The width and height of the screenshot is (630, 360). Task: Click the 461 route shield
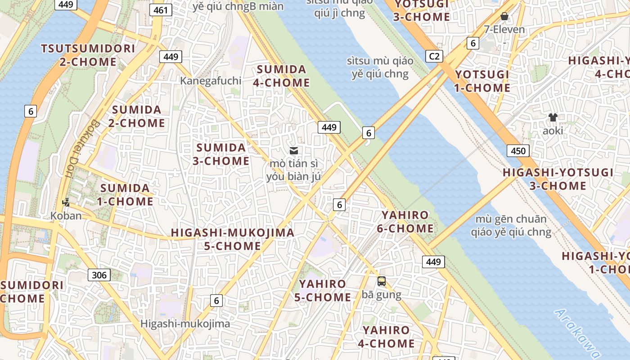(161, 10)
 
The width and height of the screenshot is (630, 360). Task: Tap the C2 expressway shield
(434, 56)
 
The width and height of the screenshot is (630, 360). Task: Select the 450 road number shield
(518, 151)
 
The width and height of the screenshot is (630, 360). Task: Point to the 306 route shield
(99, 275)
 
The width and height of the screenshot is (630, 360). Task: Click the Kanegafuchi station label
(211, 81)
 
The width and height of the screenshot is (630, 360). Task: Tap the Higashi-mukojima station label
(185, 324)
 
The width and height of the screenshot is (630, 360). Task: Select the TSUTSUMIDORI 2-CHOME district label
(88, 55)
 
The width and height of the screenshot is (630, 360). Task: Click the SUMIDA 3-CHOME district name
(221, 154)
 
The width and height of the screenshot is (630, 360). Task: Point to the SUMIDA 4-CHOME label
(282, 76)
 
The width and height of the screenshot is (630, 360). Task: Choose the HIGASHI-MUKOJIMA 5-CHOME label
(232, 239)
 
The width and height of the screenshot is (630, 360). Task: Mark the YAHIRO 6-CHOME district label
(405, 222)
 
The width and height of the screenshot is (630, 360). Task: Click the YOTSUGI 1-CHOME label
(482, 81)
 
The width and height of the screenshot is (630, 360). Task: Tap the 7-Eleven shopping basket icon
(504, 17)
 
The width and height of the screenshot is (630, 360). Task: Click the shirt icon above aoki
(553, 117)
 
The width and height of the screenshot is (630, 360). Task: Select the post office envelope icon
(294, 151)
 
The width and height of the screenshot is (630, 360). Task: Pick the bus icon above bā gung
(382, 281)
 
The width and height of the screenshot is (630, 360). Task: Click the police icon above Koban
(66, 202)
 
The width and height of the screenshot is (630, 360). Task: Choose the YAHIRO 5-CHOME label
(323, 291)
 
